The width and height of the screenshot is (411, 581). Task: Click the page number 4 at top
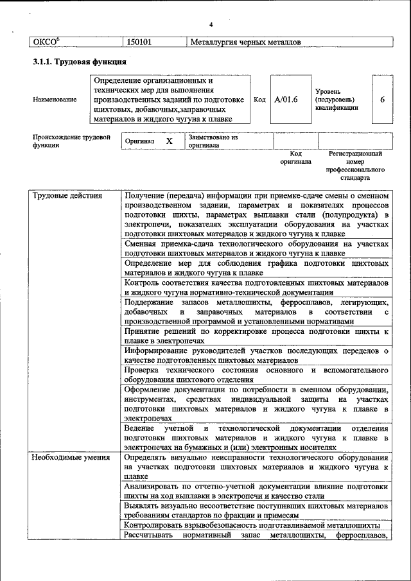pos(211,24)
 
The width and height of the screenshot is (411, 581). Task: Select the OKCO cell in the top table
pos(46,42)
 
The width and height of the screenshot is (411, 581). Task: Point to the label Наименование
pos(55,100)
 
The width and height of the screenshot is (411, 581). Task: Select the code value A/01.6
pos(286,100)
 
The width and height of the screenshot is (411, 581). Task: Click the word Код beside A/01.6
pos(259,100)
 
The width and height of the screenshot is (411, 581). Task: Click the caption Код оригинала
pos(295,158)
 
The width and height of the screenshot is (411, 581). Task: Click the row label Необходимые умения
pos(71,457)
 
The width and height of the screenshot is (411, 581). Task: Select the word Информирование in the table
pos(157,351)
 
